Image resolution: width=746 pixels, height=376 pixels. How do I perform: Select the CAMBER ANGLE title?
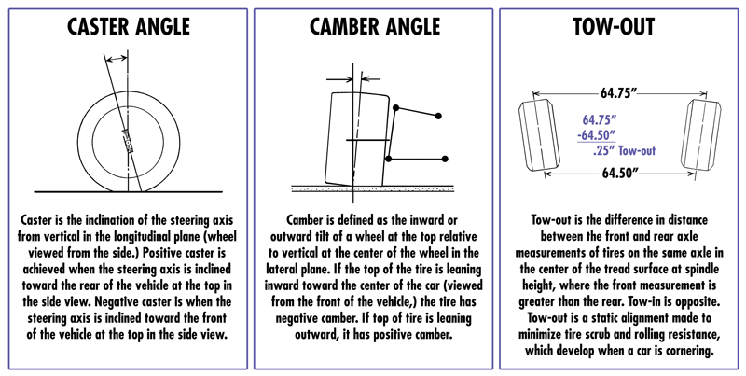click(x=372, y=27)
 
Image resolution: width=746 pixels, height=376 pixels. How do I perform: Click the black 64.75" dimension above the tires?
click(x=619, y=92)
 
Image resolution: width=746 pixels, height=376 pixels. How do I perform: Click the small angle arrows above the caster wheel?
click(x=116, y=59)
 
